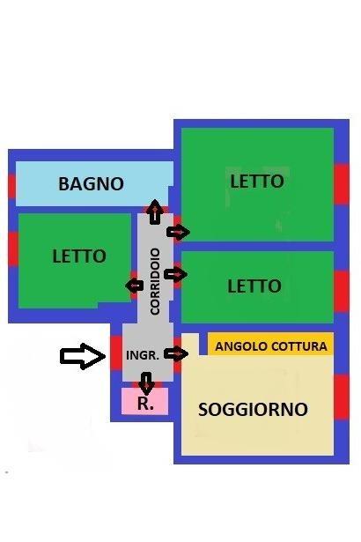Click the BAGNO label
pyautogui.click(x=92, y=183)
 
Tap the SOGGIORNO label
pyautogui.click(x=253, y=409)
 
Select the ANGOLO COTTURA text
pyautogui.click(x=271, y=346)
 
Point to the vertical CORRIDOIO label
pyautogui.click(x=156, y=281)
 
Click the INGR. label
pyautogui.click(x=143, y=355)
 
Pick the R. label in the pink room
pyautogui.click(x=145, y=403)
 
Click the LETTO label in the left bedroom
pyautogui.click(x=79, y=256)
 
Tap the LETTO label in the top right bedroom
pyautogui.click(x=257, y=182)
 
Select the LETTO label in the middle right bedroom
pyautogui.click(x=254, y=286)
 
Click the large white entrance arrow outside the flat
pyautogui.click(x=83, y=356)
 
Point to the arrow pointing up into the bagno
pyautogui.click(x=155, y=212)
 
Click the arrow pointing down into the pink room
pyautogui.click(x=147, y=383)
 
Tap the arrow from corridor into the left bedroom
pyautogui.click(x=135, y=286)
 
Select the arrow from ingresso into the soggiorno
pyautogui.click(x=176, y=353)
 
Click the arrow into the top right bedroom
pyautogui.click(x=178, y=232)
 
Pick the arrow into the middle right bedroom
pyautogui.click(x=176, y=274)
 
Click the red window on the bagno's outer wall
pyautogui.click(x=11, y=186)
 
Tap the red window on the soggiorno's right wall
pyautogui.click(x=342, y=397)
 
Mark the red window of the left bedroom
pyautogui.click(x=13, y=249)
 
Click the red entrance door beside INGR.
pyautogui.click(x=116, y=353)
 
